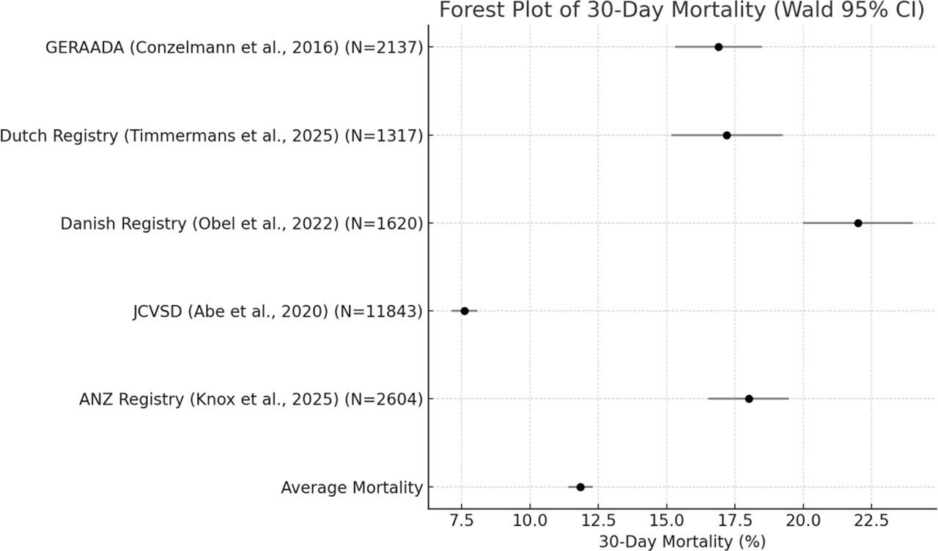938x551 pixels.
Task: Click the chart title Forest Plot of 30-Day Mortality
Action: click(x=682, y=11)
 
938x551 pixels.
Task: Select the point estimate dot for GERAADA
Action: click(x=718, y=47)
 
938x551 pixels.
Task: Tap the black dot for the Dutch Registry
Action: click(x=726, y=135)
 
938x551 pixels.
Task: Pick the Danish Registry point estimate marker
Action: click(x=858, y=223)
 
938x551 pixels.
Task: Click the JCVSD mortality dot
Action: click(x=464, y=311)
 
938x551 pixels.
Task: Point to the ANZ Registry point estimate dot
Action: click(x=748, y=399)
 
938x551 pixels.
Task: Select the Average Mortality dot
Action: click(x=580, y=487)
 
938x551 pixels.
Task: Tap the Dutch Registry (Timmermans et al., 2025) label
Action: click(x=211, y=136)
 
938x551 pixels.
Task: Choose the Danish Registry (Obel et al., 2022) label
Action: click(x=242, y=223)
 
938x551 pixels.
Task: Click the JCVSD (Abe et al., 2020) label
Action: click(x=278, y=311)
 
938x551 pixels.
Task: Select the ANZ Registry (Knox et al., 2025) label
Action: click(x=251, y=399)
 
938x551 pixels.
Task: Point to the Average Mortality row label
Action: click(x=352, y=488)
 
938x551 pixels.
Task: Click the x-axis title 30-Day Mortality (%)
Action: click(x=682, y=541)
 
